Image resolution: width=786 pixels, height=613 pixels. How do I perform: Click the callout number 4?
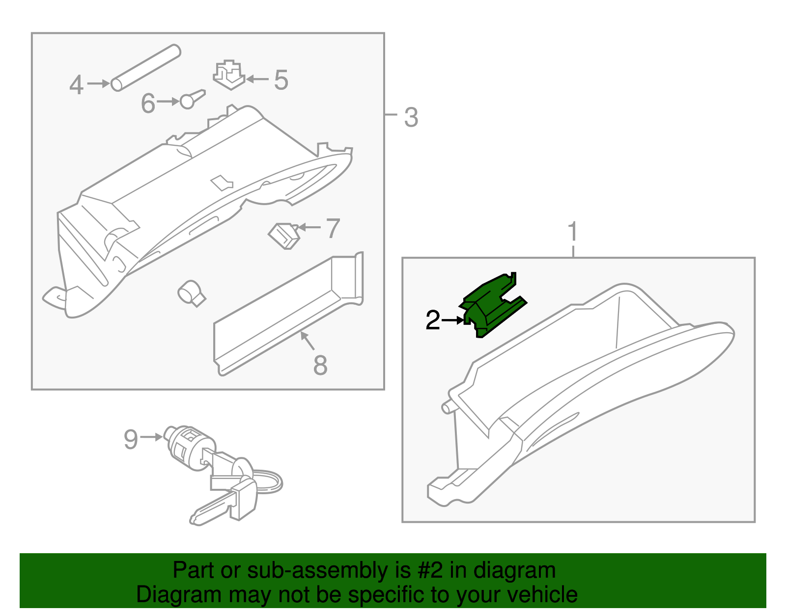pyautogui.click(x=76, y=85)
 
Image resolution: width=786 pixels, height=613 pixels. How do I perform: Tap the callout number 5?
pyautogui.click(x=281, y=80)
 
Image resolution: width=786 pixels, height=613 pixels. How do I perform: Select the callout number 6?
pyautogui.click(x=148, y=104)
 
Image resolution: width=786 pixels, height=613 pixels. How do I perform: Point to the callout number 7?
pyautogui.click(x=333, y=229)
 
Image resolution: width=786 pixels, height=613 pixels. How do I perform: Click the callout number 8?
pyautogui.click(x=320, y=366)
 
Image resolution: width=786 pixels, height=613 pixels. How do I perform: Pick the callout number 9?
pyautogui.click(x=131, y=439)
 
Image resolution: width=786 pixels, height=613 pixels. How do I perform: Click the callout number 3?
pyautogui.click(x=411, y=118)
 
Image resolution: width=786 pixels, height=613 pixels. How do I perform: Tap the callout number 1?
pyautogui.click(x=573, y=232)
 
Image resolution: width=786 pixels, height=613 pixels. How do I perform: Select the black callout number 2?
pyautogui.click(x=432, y=320)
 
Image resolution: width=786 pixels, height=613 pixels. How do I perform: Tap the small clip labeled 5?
pyautogui.click(x=228, y=75)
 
